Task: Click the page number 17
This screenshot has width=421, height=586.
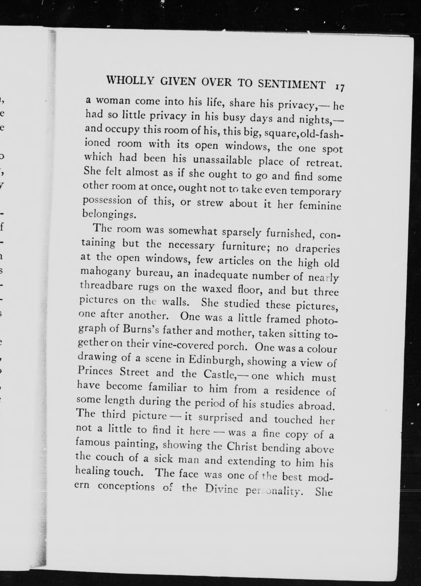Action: [x=340, y=87]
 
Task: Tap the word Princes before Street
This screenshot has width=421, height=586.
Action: [x=95, y=371]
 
